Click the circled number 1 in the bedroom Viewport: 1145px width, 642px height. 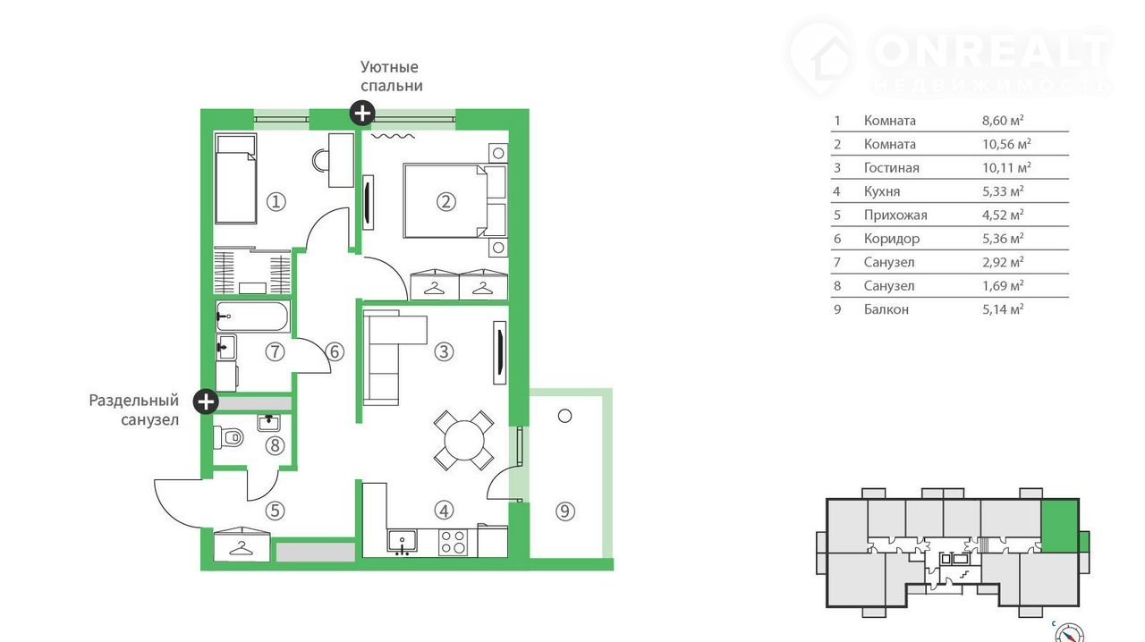(276, 202)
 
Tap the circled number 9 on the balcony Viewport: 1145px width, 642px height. (564, 511)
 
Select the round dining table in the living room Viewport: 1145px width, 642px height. (464, 440)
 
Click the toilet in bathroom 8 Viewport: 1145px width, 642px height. (228, 437)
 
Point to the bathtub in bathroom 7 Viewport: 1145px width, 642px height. (252, 317)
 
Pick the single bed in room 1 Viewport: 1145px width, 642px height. (235, 179)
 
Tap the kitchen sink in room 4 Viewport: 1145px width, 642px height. (403, 543)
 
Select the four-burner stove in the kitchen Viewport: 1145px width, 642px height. (453, 543)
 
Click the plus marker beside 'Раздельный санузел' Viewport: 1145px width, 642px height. (206, 401)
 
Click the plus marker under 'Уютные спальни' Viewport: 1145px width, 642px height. (362, 113)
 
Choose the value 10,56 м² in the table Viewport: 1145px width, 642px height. (1006, 144)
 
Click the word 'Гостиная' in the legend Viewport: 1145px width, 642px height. (892, 168)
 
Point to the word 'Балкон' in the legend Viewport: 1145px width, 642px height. (886, 309)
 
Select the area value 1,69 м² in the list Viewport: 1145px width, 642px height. (1003, 285)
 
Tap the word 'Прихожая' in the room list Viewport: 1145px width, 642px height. (895, 215)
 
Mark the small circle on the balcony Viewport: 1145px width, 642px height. (564, 416)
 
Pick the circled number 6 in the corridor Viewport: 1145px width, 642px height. (335, 351)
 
